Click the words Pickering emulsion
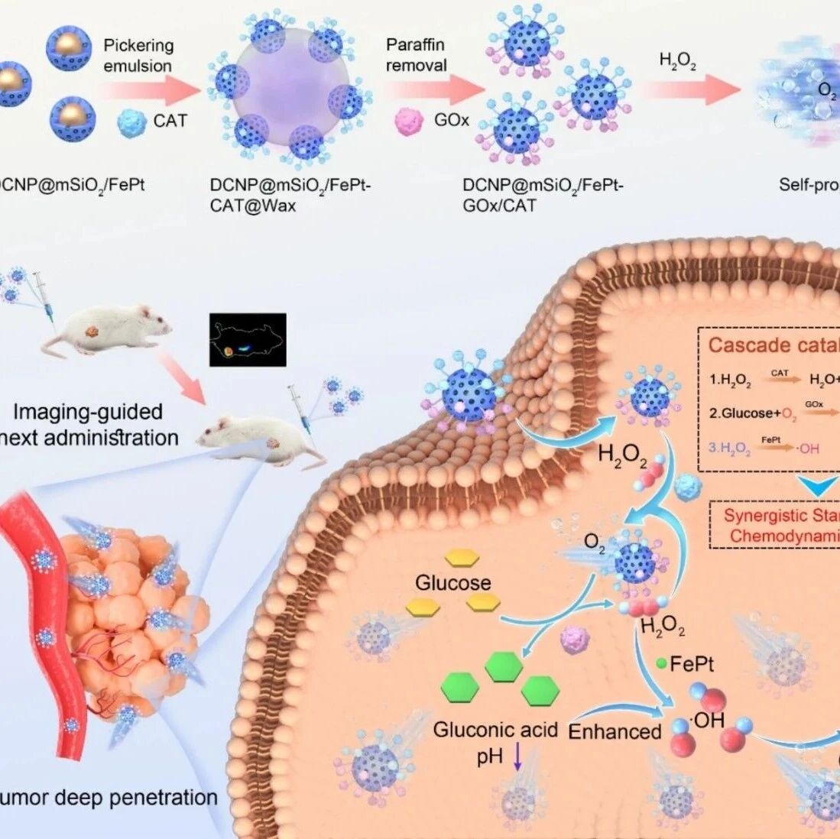(x=138, y=56)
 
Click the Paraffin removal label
(x=416, y=56)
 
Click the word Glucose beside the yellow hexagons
(x=453, y=583)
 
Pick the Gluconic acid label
(x=495, y=730)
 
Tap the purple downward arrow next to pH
(x=517, y=757)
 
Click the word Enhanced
(x=615, y=731)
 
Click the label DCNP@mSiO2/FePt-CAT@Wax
(x=290, y=196)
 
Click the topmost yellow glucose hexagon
(x=462, y=558)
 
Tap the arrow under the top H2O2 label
(x=692, y=90)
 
